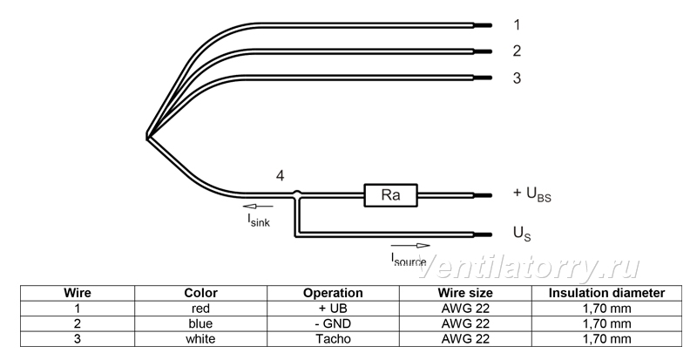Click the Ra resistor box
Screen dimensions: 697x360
(x=390, y=195)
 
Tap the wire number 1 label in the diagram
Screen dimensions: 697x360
(x=516, y=25)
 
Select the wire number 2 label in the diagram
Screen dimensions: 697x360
(x=516, y=51)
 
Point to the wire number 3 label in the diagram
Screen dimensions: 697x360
(x=516, y=78)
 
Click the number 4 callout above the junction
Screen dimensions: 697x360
(x=280, y=176)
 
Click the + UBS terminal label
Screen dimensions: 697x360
(x=532, y=194)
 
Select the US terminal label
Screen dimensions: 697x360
(x=522, y=234)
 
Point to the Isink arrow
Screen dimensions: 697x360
(x=258, y=206)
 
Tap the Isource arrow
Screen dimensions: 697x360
(x=410, y=245)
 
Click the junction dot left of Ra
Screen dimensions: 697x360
(x=297, y=194)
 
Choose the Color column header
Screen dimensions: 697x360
(x=201, y=293)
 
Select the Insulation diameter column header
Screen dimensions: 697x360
(x=606, y=293)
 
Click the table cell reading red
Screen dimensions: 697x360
(x=201, y=309)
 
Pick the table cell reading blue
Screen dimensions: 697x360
(x=201, y=323)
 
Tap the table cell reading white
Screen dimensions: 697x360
(x=201, y=338)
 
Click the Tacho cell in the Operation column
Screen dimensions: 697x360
(x=333, y=338)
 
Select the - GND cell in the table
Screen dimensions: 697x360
(x=333, y=323)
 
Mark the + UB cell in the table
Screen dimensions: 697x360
(x=333, y=309)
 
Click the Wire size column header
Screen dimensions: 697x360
(x=465, y=293)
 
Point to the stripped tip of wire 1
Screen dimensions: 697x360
(x=483, y=25)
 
